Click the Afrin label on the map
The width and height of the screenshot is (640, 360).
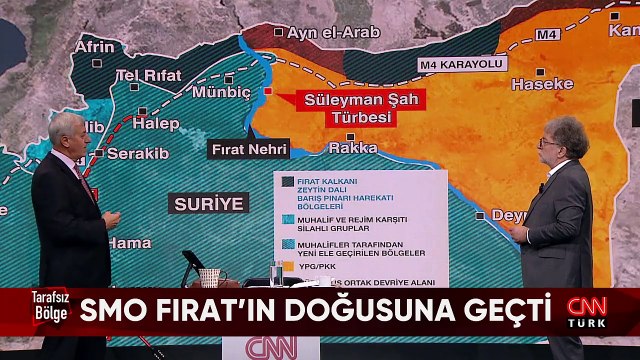(x=95, y=46)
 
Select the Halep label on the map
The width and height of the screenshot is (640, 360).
(x=156, y=123)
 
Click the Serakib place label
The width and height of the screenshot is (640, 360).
(x=132, y=153)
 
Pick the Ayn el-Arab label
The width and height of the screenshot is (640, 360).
(x=333, y=32)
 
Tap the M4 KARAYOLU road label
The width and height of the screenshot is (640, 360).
(x=461, y=64)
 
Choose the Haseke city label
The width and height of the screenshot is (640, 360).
(x=542, y=85)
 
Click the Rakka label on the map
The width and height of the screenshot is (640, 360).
(x=353, y=147)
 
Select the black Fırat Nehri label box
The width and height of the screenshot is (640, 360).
(x=249, y=149)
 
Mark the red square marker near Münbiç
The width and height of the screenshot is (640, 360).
(x=267, y=91)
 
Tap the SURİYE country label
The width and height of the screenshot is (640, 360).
(x=209, y=204)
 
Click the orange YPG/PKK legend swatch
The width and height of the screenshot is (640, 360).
(x=287, y=267)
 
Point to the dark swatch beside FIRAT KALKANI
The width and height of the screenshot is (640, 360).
(x=287, y=182)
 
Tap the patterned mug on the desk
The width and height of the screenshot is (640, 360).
(x=209, y=277)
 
